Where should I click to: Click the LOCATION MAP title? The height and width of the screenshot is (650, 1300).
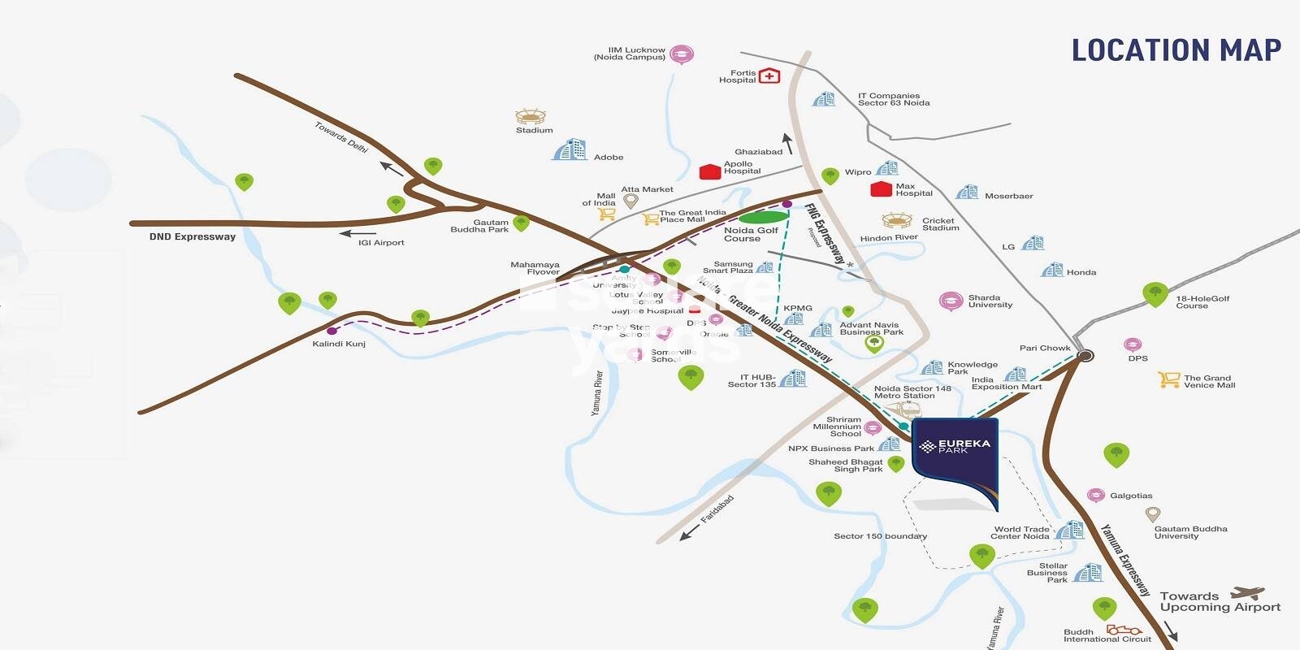point(1176,50)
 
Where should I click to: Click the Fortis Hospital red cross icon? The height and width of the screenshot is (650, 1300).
point(769,76)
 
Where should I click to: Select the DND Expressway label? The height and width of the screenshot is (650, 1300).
point(193,236)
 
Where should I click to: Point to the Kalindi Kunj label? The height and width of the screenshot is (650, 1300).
point(339,344)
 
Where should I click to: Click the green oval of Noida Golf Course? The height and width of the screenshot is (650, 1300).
point(764,217)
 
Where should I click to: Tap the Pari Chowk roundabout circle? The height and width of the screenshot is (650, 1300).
point(1085,355)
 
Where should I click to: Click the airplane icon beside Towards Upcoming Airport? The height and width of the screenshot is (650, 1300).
point(1248,594)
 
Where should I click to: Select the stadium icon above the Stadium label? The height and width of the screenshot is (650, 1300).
point(531,116)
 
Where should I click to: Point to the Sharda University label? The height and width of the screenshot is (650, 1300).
point(990,301)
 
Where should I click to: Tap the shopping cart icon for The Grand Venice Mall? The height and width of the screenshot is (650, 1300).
point(1169,379)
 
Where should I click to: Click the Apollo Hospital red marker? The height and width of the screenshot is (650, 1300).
point(710,171)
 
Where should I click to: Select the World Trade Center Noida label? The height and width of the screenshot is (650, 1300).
point(1020,532)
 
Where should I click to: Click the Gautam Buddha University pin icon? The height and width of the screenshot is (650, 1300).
point(1152,514)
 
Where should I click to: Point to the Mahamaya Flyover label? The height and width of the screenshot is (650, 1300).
point(535,268)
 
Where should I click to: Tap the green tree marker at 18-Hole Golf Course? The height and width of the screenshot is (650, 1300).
point(1155,293)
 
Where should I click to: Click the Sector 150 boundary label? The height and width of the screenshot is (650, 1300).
point(880,536)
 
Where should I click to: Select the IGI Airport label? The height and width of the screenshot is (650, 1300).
point(381,243)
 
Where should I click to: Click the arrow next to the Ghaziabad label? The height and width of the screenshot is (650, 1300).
point(786,144)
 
